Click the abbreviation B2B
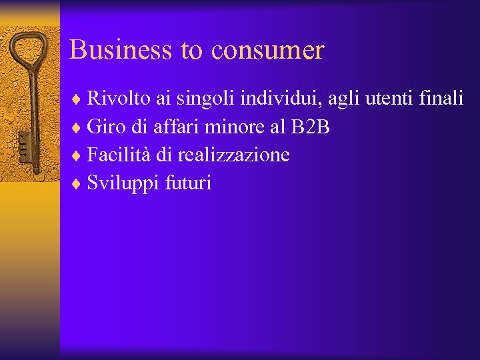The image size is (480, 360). [x=311, y=127]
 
